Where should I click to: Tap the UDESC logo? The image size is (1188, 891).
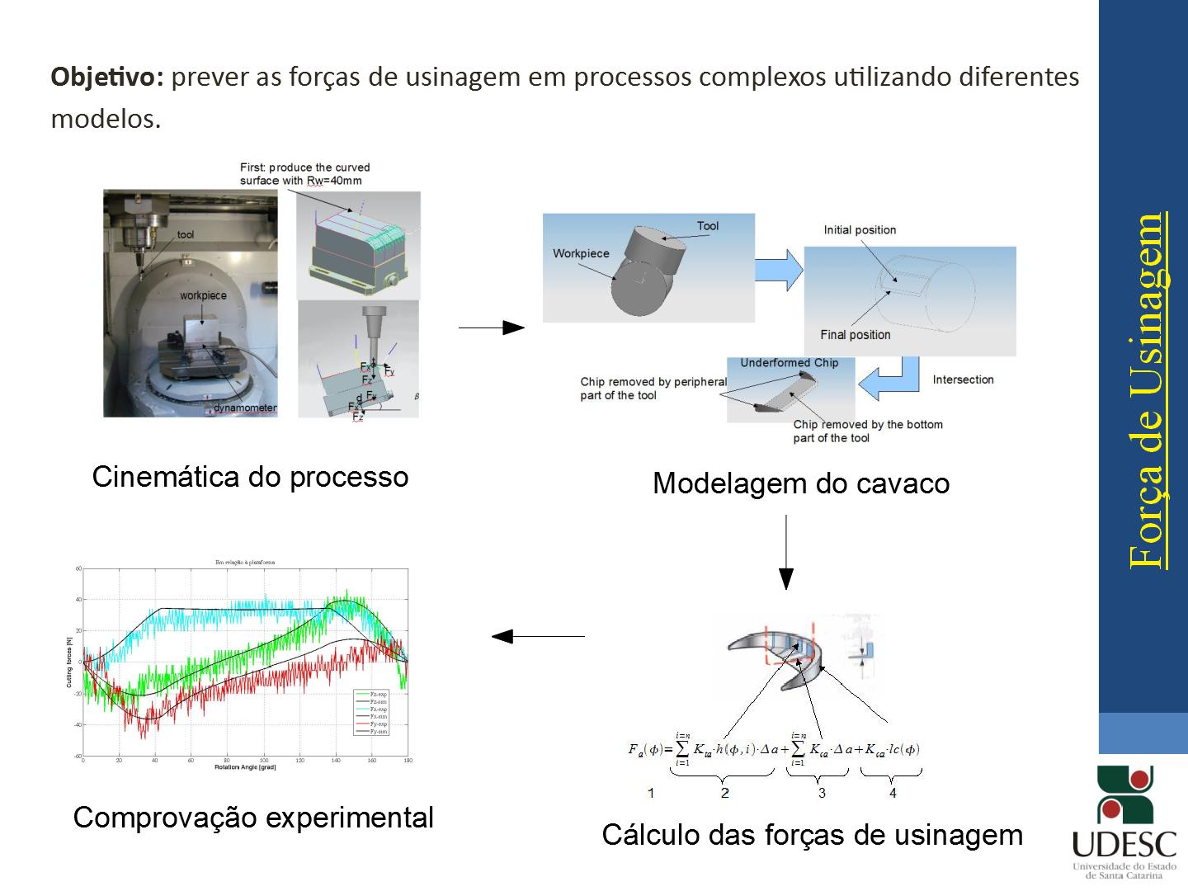click(x=1124, y=822)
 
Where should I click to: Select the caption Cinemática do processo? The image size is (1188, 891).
click(x=250, y=477)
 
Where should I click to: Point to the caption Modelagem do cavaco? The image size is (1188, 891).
click(x=800, y=483)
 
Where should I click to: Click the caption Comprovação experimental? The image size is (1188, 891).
click(x=253, y=818)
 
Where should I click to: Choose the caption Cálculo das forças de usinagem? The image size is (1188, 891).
click(x=812, y=835)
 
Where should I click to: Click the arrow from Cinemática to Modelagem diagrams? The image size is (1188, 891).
click(x=491, y=328)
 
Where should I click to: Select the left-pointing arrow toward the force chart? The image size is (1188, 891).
click(x=538, y=636)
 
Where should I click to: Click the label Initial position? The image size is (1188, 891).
click(x=860, y=230)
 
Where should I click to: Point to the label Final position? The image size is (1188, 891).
click(x=856, y=335)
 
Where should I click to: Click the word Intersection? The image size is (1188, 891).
click(x=963, y=379)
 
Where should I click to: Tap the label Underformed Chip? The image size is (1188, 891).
click(x=789, y=363)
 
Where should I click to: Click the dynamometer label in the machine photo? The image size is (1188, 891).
click(x=245, y=408)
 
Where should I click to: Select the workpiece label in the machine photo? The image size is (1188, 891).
click(x=203, y=295)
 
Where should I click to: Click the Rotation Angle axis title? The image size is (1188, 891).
click(x=245, y=767)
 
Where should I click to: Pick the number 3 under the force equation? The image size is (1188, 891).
click(x=822, y=793)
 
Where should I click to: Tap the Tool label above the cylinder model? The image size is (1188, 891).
click(x=707, y=226)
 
